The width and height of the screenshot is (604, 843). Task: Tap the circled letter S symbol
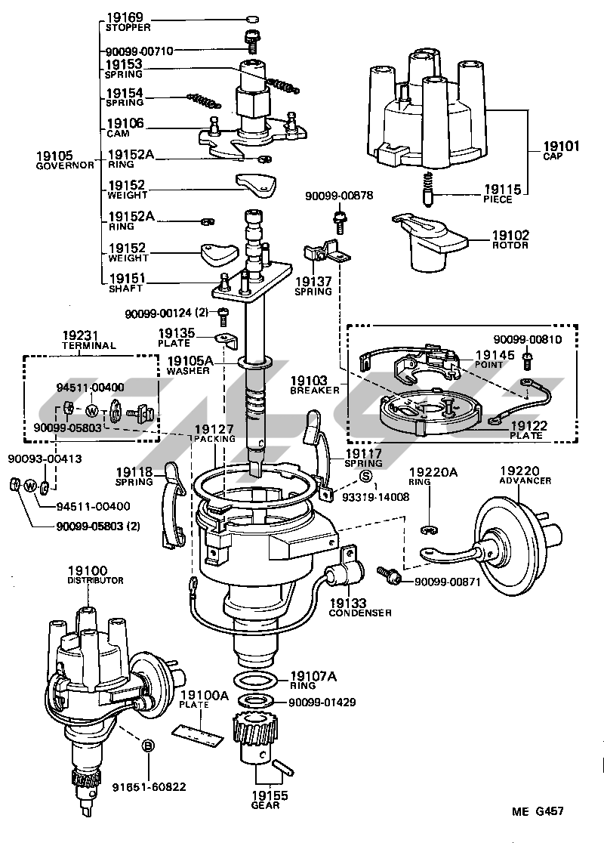365,475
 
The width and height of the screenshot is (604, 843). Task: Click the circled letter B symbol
149,746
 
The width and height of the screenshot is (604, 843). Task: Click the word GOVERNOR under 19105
65,165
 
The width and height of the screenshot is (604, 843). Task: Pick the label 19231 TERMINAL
88,340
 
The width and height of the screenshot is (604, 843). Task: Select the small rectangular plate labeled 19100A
198,733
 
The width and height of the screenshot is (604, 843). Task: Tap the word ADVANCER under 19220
525,480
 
